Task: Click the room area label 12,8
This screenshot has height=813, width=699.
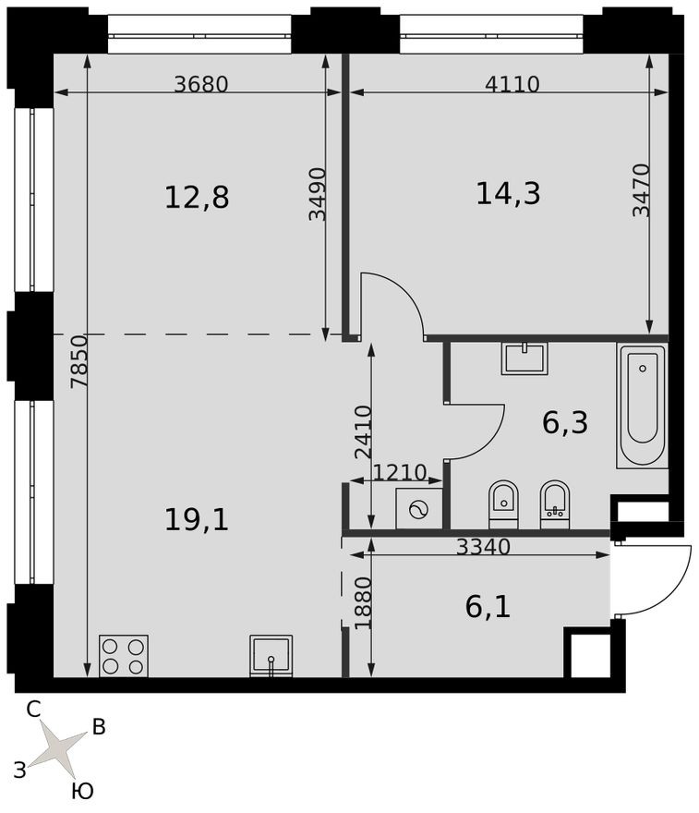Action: tap(196, 197)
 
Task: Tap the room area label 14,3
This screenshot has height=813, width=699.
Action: tap(508, 193)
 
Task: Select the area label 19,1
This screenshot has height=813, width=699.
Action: tap(196, 519)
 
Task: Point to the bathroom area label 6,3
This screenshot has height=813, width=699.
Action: tap(564, 422)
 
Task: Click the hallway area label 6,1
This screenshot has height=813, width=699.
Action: tap(488, 606)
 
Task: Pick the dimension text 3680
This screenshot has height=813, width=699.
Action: tap(200, 84)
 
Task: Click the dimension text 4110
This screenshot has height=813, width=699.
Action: tap(512, 84)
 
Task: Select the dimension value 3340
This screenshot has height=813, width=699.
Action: tap(483, 546)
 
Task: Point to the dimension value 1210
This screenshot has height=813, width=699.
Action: tap(399, 473)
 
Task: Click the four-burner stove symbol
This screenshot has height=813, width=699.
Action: tap(124, 655)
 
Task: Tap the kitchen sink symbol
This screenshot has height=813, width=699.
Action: tap(271, 655)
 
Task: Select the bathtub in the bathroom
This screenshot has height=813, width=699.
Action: tap(642, 406)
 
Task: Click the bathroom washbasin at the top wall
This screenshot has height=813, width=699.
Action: tap(524, 358)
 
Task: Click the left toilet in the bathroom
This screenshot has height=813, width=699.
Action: tap(503, 504)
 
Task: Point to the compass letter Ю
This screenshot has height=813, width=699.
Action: tap(82, 791)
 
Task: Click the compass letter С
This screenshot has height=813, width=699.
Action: tap(33, 710)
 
